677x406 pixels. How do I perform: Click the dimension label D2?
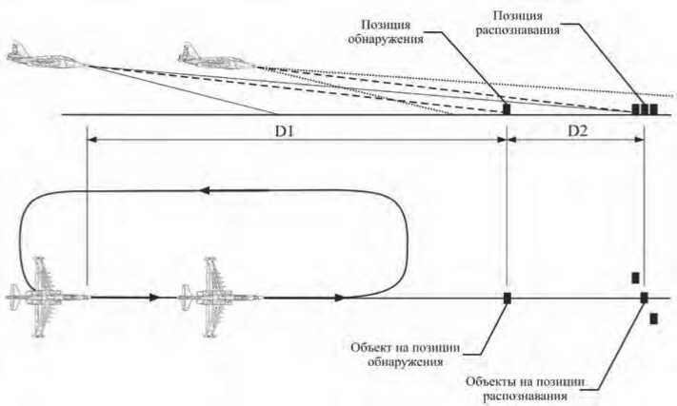pos(578,128)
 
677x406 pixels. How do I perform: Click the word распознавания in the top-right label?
pos(529,30)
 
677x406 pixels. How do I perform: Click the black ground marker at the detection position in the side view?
pos(507,109)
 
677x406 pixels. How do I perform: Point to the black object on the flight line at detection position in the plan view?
pos(507,298)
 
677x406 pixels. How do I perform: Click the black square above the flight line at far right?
pos(635,278)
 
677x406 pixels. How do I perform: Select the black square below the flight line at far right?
pos(654,319)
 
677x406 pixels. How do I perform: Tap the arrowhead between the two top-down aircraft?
pos(153,298)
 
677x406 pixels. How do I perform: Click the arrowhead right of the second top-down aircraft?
pos(337,298)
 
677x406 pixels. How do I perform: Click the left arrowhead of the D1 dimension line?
pos(90,139)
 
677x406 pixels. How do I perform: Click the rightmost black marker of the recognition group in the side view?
pos(654,109)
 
